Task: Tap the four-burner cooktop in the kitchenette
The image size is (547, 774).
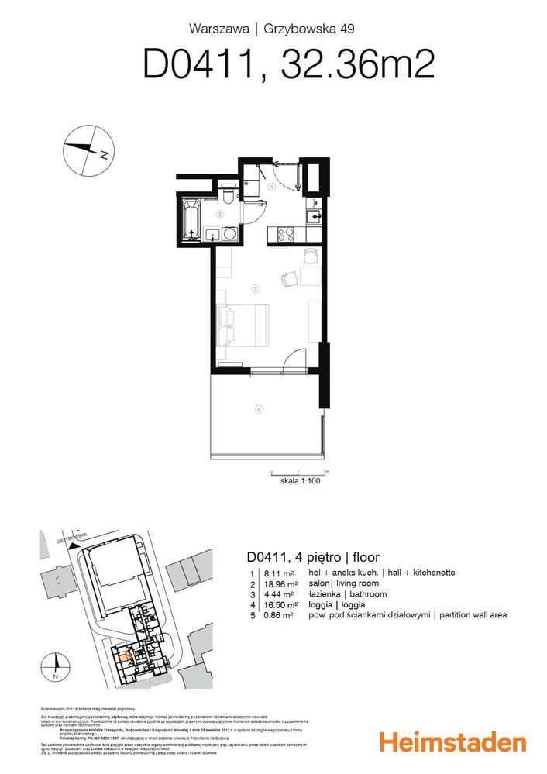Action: coord(284,232)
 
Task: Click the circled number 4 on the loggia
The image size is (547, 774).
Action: coord(260,410)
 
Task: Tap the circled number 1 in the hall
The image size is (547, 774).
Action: coord(272,187)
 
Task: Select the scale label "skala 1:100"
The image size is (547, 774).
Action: coord(299,480)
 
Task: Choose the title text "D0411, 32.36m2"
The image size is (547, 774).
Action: coord(287,65)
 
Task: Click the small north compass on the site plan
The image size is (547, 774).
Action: coord(56,665)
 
